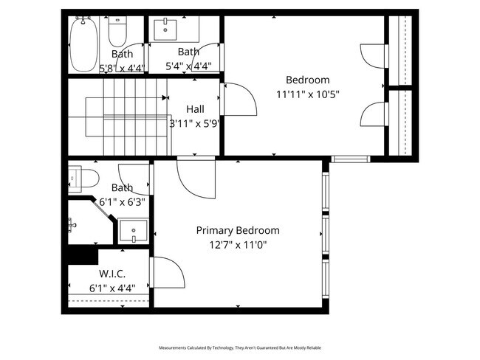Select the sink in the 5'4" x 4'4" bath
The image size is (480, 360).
[165, 31]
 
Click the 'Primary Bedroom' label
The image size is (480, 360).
[237, 230]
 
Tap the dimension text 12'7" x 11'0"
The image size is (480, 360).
[237, 244]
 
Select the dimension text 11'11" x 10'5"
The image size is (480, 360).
[307, 94]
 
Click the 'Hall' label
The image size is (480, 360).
[195, 109]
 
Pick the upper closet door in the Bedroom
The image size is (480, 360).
[371, 58]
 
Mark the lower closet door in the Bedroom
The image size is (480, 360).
[371, 115]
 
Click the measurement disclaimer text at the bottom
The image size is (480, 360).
[240, 347]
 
